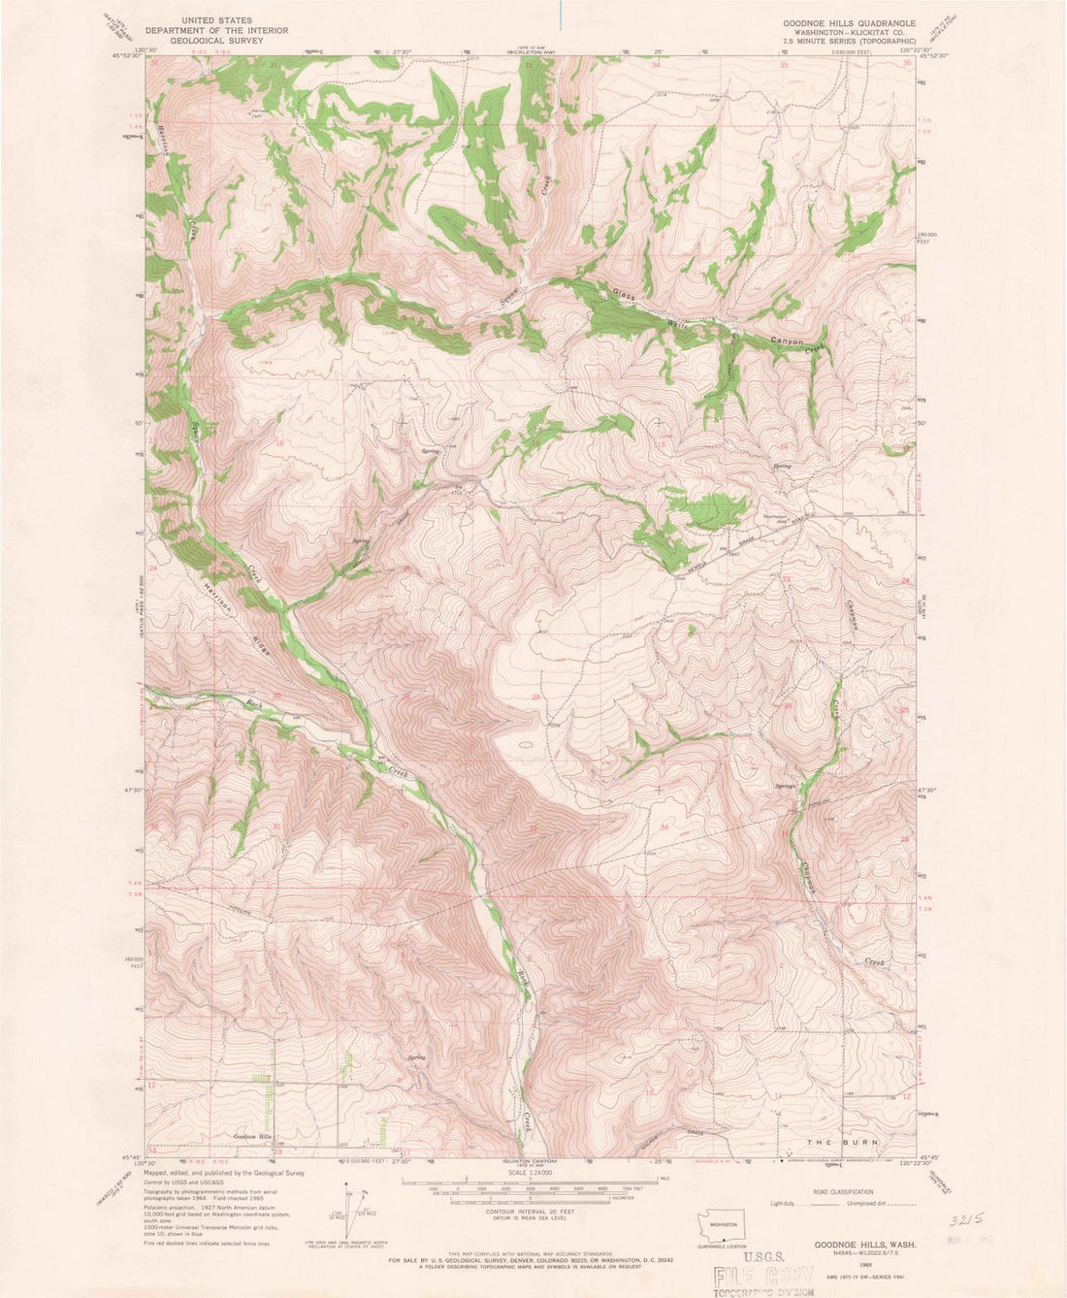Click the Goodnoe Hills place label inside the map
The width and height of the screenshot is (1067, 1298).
[253, 1136]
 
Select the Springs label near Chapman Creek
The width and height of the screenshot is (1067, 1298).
[785, 786]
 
